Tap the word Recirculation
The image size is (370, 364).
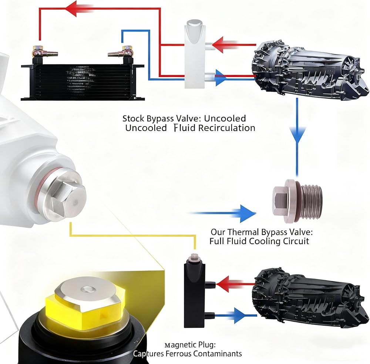(x=227, y=128)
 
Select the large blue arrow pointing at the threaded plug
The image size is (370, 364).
(x=222, y=213)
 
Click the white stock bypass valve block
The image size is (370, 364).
(x=195, y=54)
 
